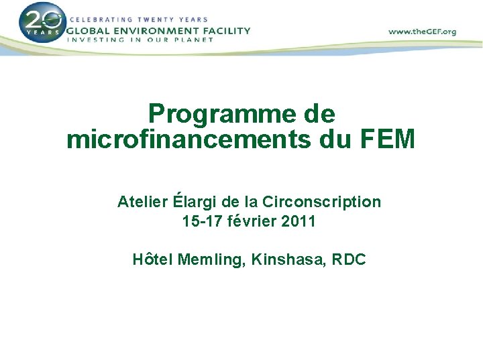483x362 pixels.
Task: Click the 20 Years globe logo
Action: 42,23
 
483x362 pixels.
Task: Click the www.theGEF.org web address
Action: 423,32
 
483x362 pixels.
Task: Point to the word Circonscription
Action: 322,202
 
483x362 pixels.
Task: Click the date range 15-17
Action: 201,221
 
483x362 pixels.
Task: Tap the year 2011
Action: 299,221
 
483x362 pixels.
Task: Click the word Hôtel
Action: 153,259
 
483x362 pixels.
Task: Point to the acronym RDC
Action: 348,259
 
